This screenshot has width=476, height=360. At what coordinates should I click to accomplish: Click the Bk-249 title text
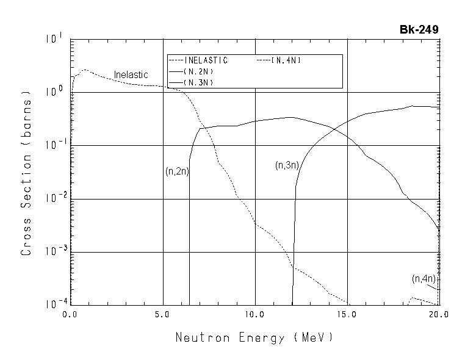click(419, 29)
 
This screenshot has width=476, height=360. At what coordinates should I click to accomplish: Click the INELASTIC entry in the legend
click(206, 60)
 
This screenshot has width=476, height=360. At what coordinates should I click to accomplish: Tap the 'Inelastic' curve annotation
click(131, 74)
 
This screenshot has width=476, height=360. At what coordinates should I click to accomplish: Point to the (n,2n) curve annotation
click(177, 171)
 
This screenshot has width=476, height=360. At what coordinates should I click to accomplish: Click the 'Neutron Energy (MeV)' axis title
click(254, 337)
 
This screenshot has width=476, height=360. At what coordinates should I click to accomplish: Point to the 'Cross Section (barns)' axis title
click(26, 173)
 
